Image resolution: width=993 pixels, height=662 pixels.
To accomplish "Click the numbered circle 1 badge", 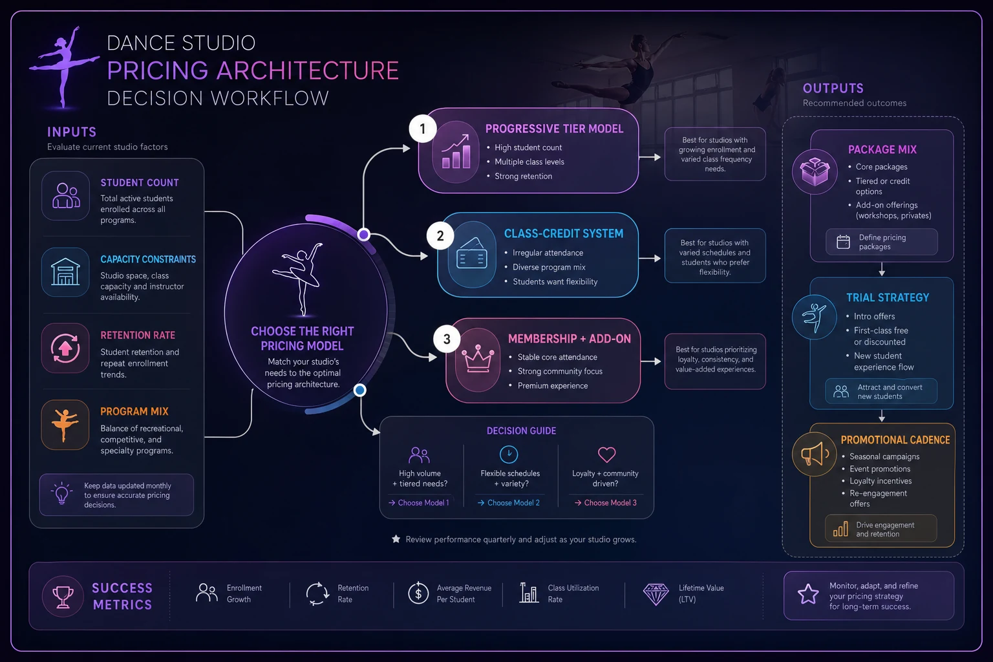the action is (422, 129).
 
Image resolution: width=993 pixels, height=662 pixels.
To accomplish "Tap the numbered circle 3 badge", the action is (447, 339).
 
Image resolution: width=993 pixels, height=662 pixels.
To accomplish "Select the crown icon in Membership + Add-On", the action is (478, 359).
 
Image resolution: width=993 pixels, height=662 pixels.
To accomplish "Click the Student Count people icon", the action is (66, 195).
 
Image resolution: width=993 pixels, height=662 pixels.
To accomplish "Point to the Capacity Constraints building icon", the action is (65, 272).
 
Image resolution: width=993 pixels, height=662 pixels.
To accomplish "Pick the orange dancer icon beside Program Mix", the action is (65, 425).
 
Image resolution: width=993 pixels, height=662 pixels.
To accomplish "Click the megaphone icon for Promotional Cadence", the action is (815, 454).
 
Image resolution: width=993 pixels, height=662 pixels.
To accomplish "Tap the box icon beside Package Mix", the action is (815, 171).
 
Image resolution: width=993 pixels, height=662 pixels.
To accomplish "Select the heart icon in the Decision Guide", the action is (606, 454).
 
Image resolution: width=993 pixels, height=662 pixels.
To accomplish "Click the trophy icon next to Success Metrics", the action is (63, 596).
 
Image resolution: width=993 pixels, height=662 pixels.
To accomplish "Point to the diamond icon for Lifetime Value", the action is (656, 594).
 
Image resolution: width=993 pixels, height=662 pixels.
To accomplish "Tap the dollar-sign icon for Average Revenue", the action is (418, 593).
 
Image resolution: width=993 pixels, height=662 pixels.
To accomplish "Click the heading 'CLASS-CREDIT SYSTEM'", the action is (564, 233).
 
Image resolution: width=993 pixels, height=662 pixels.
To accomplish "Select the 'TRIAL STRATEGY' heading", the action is (888, 297).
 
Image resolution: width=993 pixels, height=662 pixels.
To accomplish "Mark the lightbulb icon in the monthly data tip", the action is (61, 493).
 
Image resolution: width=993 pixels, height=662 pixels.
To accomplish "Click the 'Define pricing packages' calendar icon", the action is (843, 242).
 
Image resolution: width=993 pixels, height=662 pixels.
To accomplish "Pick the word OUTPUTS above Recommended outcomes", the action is (833, 88).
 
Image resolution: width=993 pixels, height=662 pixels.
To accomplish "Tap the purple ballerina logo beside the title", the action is (64, 67).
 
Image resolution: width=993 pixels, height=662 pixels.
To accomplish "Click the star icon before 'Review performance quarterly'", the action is (396, 539).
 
